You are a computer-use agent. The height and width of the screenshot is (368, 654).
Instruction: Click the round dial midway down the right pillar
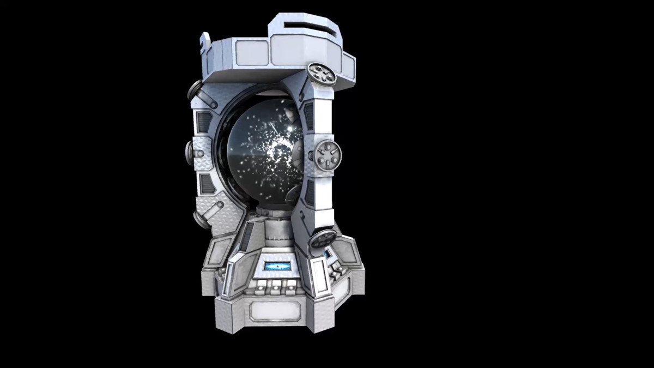point(329,156)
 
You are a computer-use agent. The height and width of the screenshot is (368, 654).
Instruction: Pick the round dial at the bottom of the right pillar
point(323,239)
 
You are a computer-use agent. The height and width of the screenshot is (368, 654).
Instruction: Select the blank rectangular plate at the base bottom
point(272,311)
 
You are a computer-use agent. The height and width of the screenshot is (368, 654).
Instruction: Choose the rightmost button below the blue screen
point(287,285)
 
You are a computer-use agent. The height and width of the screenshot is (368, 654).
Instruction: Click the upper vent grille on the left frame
point(203,122)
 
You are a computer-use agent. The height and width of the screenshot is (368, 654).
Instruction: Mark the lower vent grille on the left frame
point(206,184)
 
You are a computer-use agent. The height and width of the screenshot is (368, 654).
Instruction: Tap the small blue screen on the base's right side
point(327,254)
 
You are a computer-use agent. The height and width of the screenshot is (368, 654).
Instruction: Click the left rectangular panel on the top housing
point(252,52)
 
